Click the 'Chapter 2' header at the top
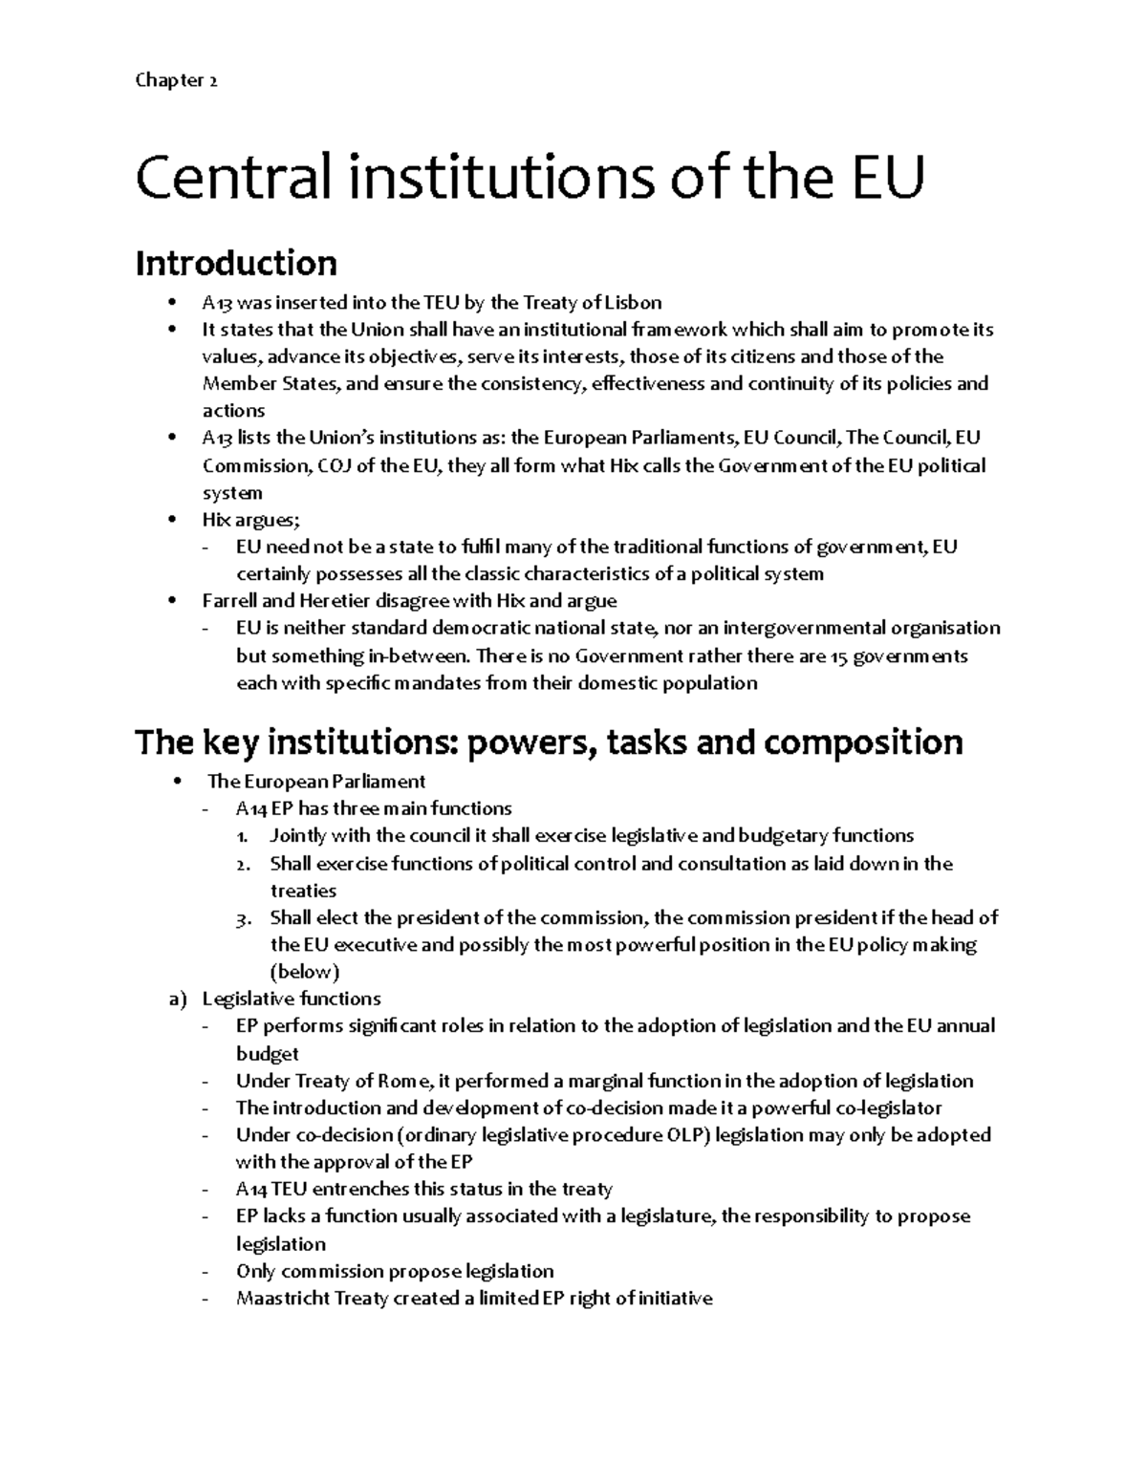176,81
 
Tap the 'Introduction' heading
236,263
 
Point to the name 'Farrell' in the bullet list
230,601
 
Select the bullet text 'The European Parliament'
316,782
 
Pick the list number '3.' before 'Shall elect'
244,918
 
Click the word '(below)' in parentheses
305,973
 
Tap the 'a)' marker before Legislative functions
177,1000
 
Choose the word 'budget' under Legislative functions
267,1054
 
